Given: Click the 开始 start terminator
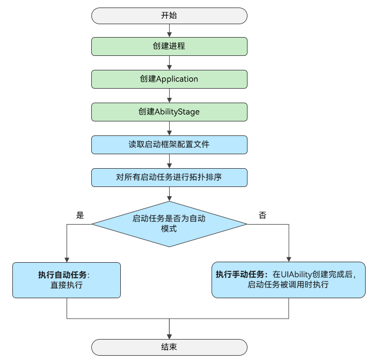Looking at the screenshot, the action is [169, 16].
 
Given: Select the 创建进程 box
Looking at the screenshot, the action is [169, 46].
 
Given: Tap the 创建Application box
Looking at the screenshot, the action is [169, 79].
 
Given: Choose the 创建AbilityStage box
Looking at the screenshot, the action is [169, 112].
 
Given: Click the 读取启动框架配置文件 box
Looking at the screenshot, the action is [169, 145].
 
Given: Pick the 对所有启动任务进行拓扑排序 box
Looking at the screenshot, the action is [169, 177].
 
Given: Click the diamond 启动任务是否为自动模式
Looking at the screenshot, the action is [169, 224].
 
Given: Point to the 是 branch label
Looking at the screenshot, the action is [80, 215].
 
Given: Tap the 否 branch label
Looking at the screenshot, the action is [263, 215].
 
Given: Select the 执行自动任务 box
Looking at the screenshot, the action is [67, 280].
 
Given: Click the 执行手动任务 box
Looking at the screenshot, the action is [288, 280].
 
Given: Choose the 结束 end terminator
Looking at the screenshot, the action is [169, 347].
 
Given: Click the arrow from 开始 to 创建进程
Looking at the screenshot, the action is [169, 31].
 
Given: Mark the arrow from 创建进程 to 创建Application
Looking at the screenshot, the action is [169, 63].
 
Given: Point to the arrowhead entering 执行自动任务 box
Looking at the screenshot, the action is [67, 260].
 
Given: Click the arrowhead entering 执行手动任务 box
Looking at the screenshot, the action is [289, 260].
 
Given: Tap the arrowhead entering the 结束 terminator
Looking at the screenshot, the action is [169, 337].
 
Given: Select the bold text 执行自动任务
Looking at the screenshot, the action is [62, 275].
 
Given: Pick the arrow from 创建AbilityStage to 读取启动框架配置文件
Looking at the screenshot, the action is [169, 128].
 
